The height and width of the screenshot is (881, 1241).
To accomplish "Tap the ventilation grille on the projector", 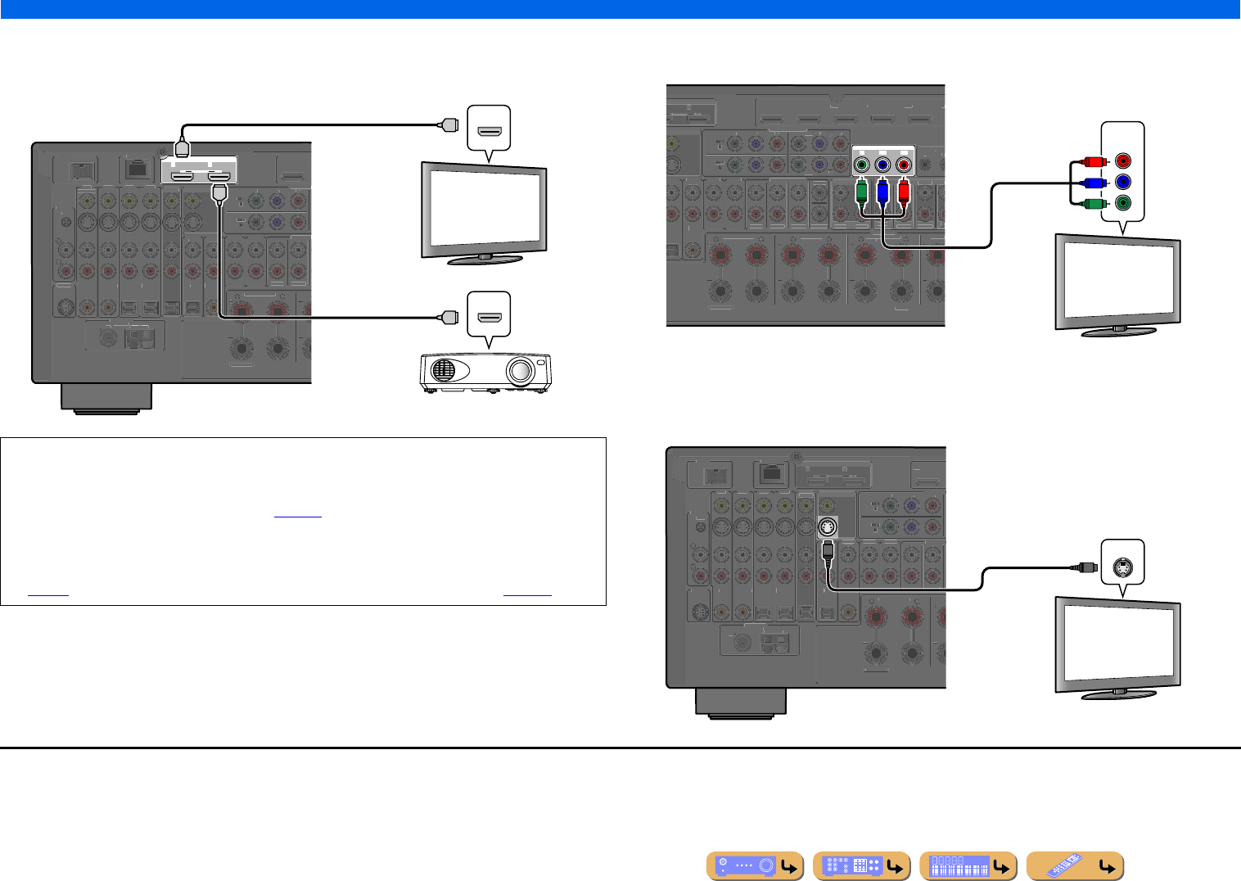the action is tap(443, 369).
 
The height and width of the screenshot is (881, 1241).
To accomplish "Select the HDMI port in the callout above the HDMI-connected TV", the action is tap(489, 131).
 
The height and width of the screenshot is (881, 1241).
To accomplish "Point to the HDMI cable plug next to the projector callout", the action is tap(449, 317).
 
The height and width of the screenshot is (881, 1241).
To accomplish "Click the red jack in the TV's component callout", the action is tap(1123, 161).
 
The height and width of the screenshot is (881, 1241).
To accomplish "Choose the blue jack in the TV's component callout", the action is tap(1123, 182).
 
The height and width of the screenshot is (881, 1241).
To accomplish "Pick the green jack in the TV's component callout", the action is tap(1123, 202).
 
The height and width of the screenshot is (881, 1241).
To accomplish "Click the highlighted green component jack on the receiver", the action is tap(861, 166).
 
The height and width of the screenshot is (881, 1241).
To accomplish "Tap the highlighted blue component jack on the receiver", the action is tap(882, 166).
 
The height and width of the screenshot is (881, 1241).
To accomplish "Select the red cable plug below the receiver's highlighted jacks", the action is tap(903, 193).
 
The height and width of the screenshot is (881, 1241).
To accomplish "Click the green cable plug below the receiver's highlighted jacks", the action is tap(861, 193).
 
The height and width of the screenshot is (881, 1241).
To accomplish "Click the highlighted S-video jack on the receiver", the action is tap(828, 527).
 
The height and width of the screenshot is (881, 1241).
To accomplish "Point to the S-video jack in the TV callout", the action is tap(1123, 563).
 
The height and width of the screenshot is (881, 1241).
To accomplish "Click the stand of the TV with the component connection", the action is tap(1118, 331).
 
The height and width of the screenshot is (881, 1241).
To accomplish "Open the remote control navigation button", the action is tap(1074, 866).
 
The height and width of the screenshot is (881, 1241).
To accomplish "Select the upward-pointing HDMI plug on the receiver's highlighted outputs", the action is tap(183, 148).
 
